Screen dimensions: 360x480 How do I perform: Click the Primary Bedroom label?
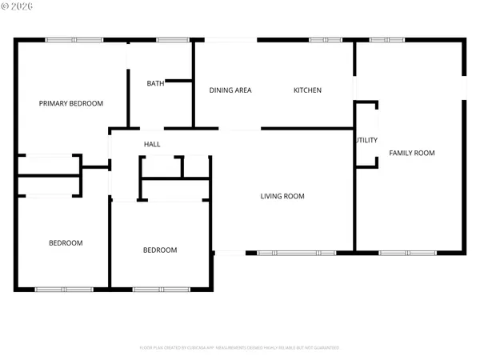click(72, 103)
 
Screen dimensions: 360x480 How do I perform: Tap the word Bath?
click(155, 83)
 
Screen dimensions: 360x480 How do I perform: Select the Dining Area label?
click(230, 90)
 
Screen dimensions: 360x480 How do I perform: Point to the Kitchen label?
click(307, 90)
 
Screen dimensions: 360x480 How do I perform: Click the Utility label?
click(366, 140)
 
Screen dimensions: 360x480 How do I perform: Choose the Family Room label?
click(412, 152)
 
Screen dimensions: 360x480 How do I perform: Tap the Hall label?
click(152, 144)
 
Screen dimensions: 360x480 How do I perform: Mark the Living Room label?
click(282, 196)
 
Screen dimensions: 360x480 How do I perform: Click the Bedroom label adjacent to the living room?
click(160, 250)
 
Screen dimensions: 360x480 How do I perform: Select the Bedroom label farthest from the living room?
click(66, 243)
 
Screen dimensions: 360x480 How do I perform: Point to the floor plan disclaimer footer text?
click(240, 348)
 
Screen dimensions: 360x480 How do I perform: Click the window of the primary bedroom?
click(67, 40)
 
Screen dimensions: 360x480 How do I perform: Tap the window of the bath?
click(167, 40)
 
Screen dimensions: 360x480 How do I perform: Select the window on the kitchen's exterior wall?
click(324, 40)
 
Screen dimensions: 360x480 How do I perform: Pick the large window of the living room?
click(295, 253)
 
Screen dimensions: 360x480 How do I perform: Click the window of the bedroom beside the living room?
click(155, 288)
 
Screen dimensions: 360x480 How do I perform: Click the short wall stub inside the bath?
click(178, 80)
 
